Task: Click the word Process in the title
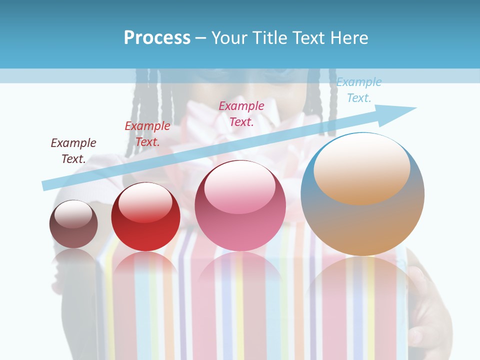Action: [157, 37]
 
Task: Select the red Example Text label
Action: [147, 134]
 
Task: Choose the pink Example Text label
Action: [241, 113]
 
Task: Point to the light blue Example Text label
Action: [358, 89]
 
